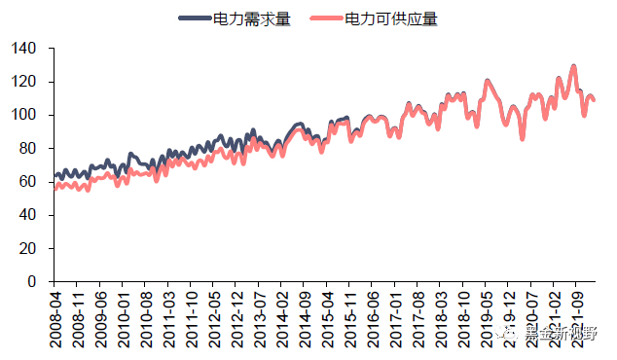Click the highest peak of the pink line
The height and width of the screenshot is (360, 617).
[x=574, y=66]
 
